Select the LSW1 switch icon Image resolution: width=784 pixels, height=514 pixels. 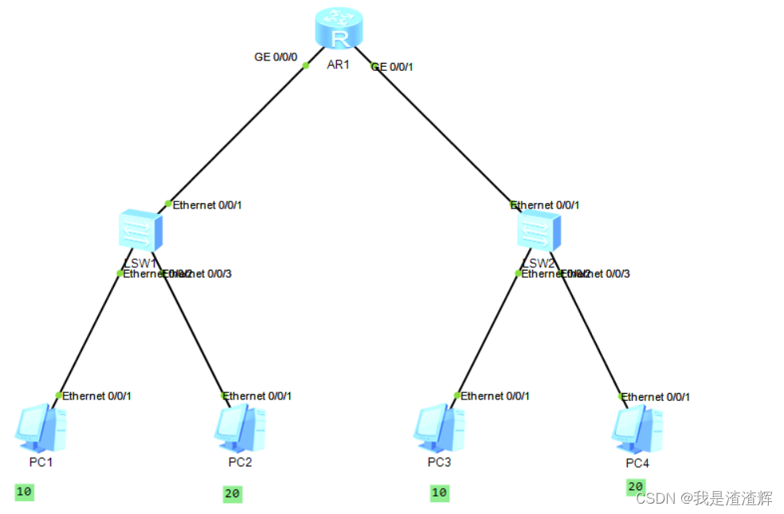(141, 231)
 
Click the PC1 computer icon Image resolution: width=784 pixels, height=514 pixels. (41, 428)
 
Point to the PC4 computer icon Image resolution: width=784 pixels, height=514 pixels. (637, 429)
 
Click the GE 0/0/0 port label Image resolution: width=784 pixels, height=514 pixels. (276, 57)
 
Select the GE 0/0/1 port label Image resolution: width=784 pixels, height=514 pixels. (392, 68)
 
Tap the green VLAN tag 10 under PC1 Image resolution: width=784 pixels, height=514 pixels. (24, 492)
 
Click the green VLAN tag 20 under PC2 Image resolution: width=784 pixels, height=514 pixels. (232, 494)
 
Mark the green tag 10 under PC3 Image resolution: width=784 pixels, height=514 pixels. (439, 493)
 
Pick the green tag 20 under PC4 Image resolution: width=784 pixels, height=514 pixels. (636, 487)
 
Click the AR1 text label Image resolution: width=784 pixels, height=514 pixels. (339, 64)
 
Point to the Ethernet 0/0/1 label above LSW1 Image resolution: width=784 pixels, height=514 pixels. (207, 205)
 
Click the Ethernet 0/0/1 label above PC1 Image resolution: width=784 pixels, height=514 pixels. (96, 395)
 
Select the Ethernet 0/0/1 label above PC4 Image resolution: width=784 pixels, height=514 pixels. (656, 396)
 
